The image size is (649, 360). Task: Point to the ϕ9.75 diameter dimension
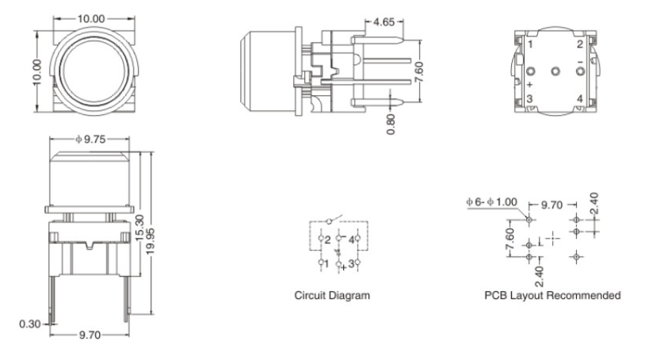(90, 140)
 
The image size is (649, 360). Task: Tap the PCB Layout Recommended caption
(552, 295)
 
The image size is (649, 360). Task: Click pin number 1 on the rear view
(531, 44)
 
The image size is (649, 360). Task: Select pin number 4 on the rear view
(579, 98)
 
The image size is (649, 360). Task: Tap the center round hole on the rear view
(555, 72)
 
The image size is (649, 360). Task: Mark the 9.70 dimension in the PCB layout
(552, 205)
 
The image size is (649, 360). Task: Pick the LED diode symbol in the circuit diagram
(338, 251)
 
